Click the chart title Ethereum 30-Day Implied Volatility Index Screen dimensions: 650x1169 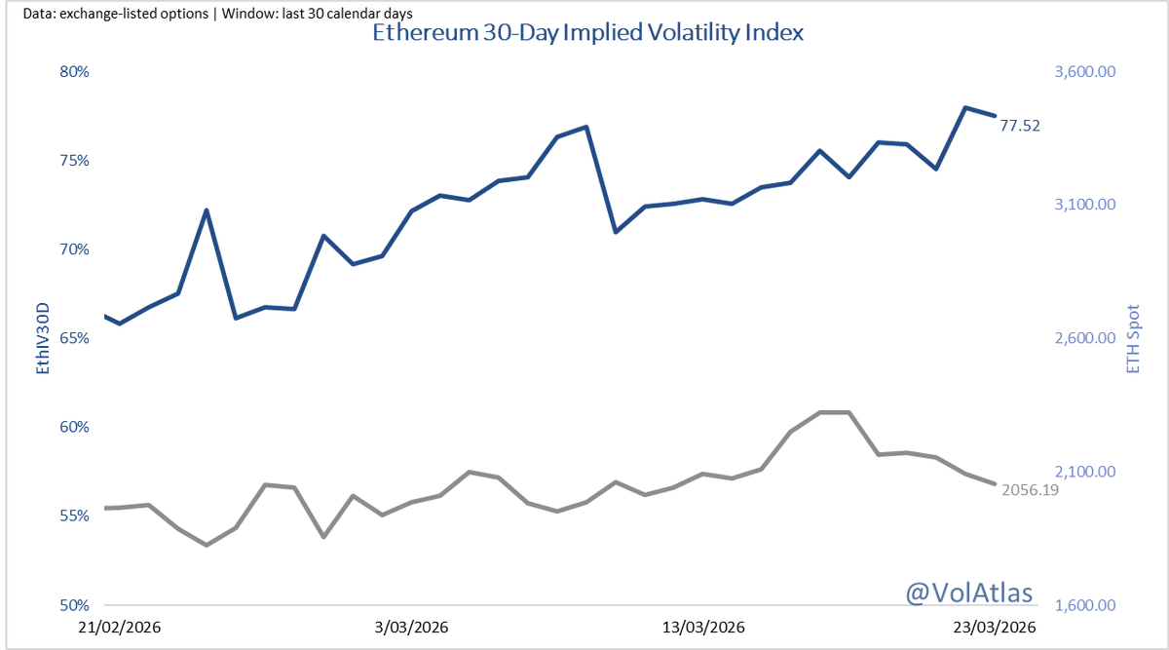point(587,32)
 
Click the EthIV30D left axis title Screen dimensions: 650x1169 point(42,338)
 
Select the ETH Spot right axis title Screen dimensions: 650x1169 point(1132,338)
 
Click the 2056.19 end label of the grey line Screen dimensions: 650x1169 point(1030,490)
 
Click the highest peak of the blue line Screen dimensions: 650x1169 point(964,107)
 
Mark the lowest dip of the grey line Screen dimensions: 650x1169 point(207,545)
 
